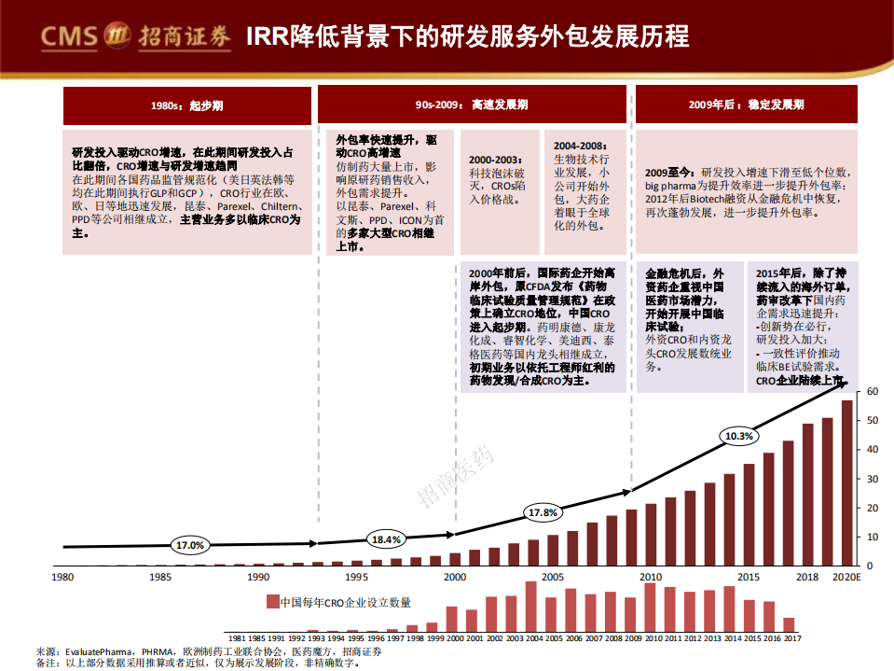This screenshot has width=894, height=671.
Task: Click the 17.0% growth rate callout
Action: click(x=189, y=545)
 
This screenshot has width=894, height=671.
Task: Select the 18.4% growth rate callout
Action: click(x=386, y=539)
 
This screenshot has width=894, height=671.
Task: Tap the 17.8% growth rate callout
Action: click(x=543, y=512)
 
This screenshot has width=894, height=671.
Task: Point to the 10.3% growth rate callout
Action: click(x=738, y=436)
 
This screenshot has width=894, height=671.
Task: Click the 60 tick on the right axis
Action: click(x=873, y=392)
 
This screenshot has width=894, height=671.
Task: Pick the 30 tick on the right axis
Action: click(x=873, y=479)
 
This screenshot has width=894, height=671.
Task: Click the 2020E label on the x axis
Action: click(x=846, y=577)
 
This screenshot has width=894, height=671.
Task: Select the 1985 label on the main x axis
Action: click(x=160, y=577)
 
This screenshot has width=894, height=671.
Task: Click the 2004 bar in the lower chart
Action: click(x=531, y=607)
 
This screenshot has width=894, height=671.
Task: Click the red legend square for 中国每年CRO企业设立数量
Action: click(x=272, y=602)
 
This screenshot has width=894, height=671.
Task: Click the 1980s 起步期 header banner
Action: click(x=186, y=105)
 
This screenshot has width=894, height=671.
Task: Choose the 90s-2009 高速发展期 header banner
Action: click(x=472, y=105)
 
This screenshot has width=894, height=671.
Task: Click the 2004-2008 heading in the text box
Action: click(x=579, y=147)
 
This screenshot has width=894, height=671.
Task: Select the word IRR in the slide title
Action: click(x=267, y=37)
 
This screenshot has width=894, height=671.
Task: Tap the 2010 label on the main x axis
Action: click(x=651, y=577)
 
